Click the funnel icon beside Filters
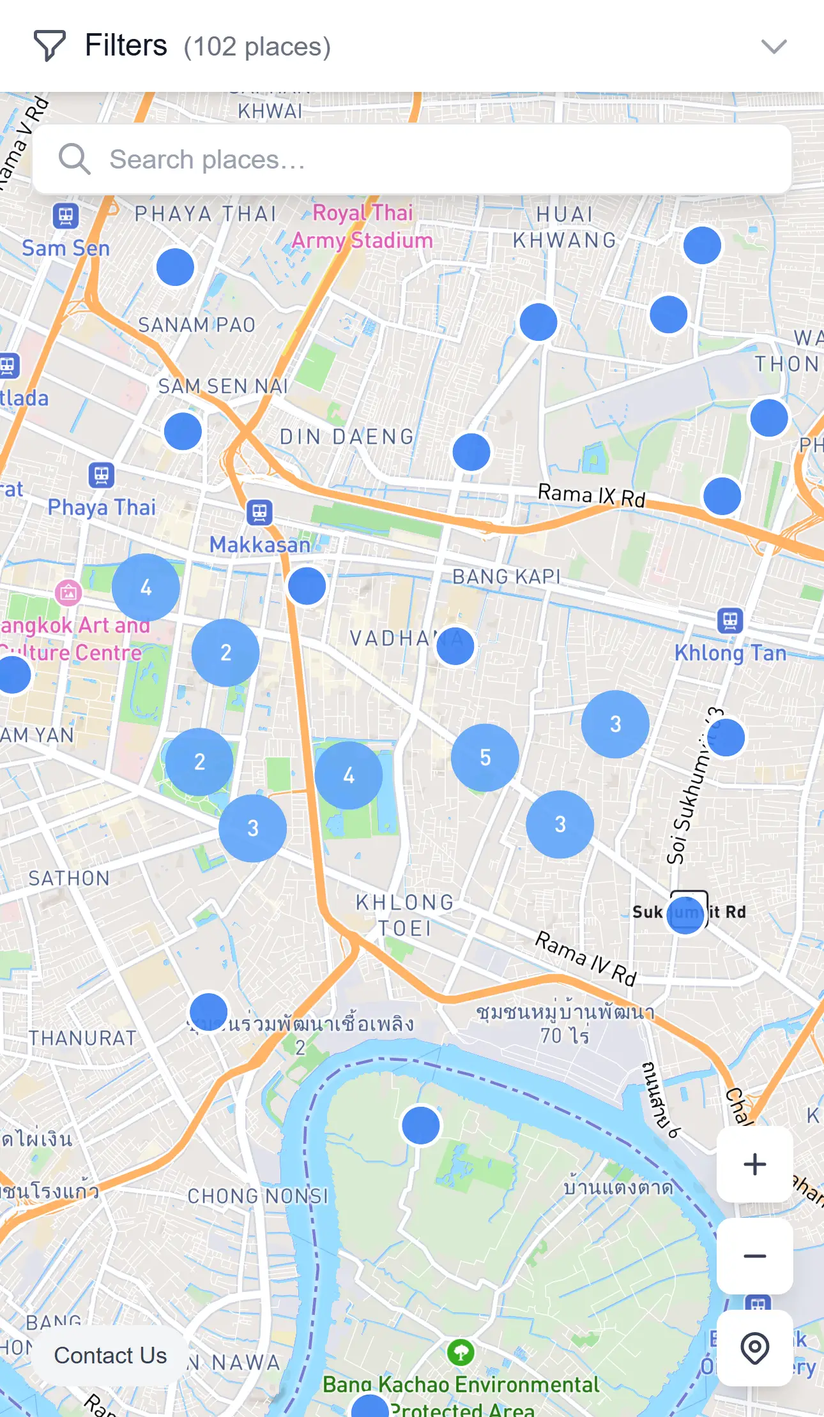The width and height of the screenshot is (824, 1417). pos(49,46)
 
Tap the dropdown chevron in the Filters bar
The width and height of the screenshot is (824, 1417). pos(774,47)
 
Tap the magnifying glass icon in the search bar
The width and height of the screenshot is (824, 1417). pos(74,159)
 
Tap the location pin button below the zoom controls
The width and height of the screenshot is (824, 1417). pos(754,1348)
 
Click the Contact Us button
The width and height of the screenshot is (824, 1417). pos(110,1354)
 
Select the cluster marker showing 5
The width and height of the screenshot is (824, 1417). pos(485,758)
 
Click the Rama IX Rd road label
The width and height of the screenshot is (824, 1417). pos(591,495)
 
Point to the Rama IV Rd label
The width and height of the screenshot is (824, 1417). pos(585,957)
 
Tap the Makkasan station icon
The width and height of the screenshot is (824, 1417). pos(259,512)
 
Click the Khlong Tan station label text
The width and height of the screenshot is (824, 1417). pos(730,653)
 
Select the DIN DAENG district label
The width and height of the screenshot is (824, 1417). pos(347,437)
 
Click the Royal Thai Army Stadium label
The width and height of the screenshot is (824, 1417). pos(363,227)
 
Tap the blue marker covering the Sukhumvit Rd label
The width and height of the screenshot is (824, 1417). pos(685,915)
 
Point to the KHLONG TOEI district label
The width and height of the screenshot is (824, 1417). pos(405,915)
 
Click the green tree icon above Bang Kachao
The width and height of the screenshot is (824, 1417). pos(461,1351)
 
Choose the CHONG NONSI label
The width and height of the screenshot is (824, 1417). pos(257,1196)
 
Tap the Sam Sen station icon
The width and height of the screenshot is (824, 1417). pos(66,216)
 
